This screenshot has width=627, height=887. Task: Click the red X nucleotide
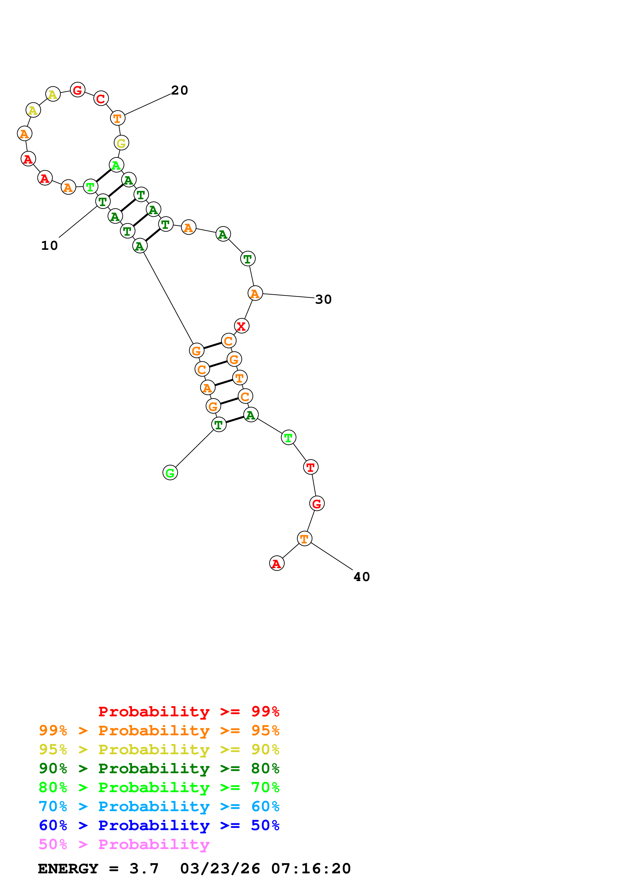coord(242,326)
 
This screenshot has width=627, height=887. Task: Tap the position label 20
coord(179,91)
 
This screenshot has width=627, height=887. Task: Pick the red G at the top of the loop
coord(78,90)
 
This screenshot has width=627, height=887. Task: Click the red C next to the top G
coord(101,99)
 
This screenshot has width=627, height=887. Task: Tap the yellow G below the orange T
coord(121,143)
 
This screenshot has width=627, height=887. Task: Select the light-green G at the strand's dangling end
coord(170,473)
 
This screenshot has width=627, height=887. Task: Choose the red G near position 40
coord(317,503)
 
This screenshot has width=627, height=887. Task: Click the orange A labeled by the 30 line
coord(255,293)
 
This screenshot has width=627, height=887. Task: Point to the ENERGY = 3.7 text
coord(98,869)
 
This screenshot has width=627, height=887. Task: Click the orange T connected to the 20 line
coord(117,118)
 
